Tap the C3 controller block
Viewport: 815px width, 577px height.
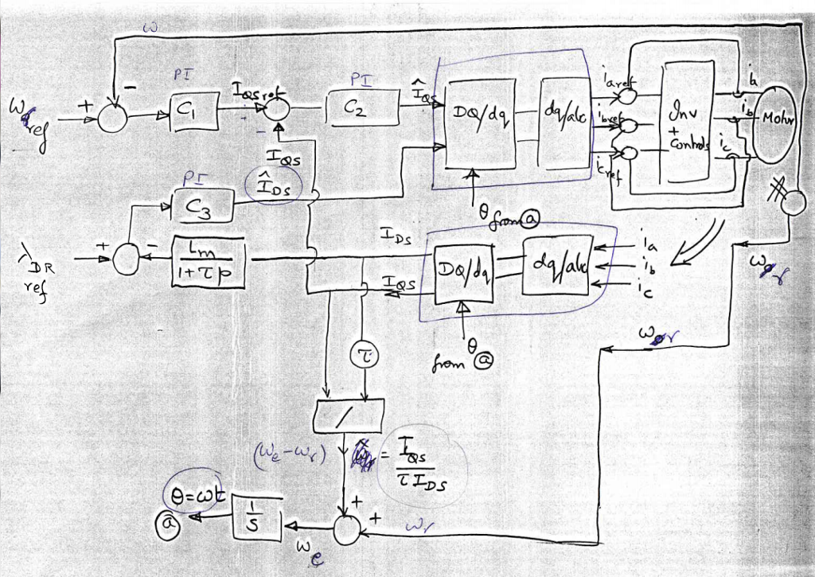click(205, 207)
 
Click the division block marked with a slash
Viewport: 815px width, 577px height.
click(349, 414)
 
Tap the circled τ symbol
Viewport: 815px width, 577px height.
click(362, 357)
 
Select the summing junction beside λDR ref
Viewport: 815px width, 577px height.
click(125, 259)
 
